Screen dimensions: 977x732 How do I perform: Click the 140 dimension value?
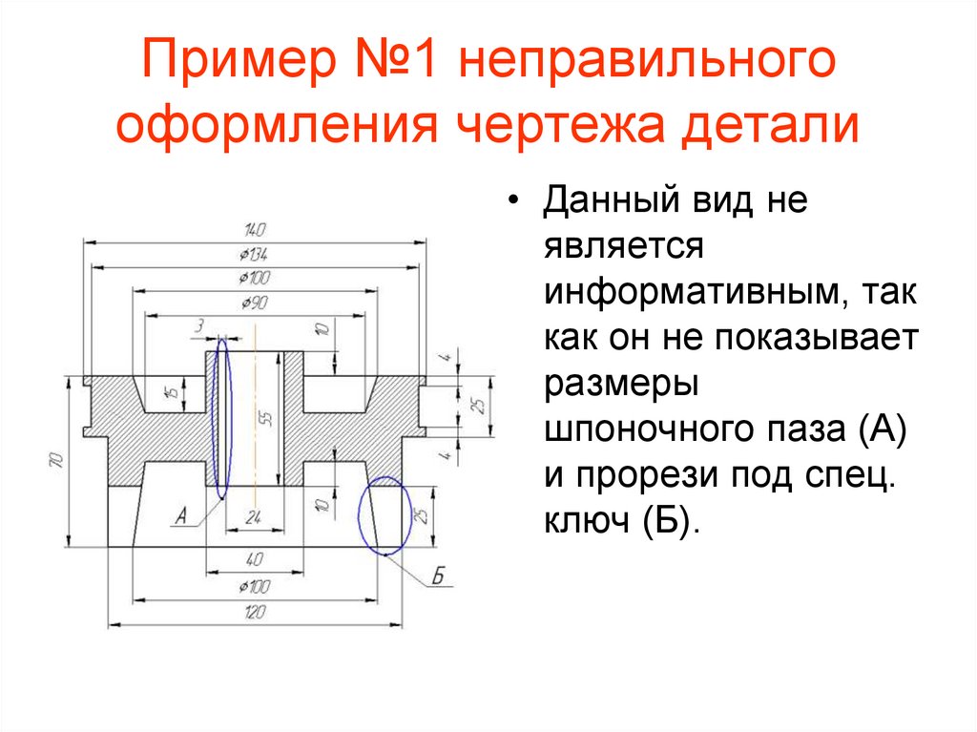(x=254, y=229)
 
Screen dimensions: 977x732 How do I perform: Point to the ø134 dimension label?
(x=254, y=254)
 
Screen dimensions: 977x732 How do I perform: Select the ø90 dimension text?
(x=254, y=303)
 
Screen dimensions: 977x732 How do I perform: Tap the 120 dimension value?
(x=254, y=612)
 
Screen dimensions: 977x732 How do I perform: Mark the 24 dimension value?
(x=254, y=517)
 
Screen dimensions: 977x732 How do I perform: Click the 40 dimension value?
(x=254, y=558)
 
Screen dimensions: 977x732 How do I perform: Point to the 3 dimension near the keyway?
(x=199, y=326)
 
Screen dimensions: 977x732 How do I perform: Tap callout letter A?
(x=179, y=518)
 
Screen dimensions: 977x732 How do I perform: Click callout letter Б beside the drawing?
(x=439, y=576)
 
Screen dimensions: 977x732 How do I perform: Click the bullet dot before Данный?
(x=515, y=203)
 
